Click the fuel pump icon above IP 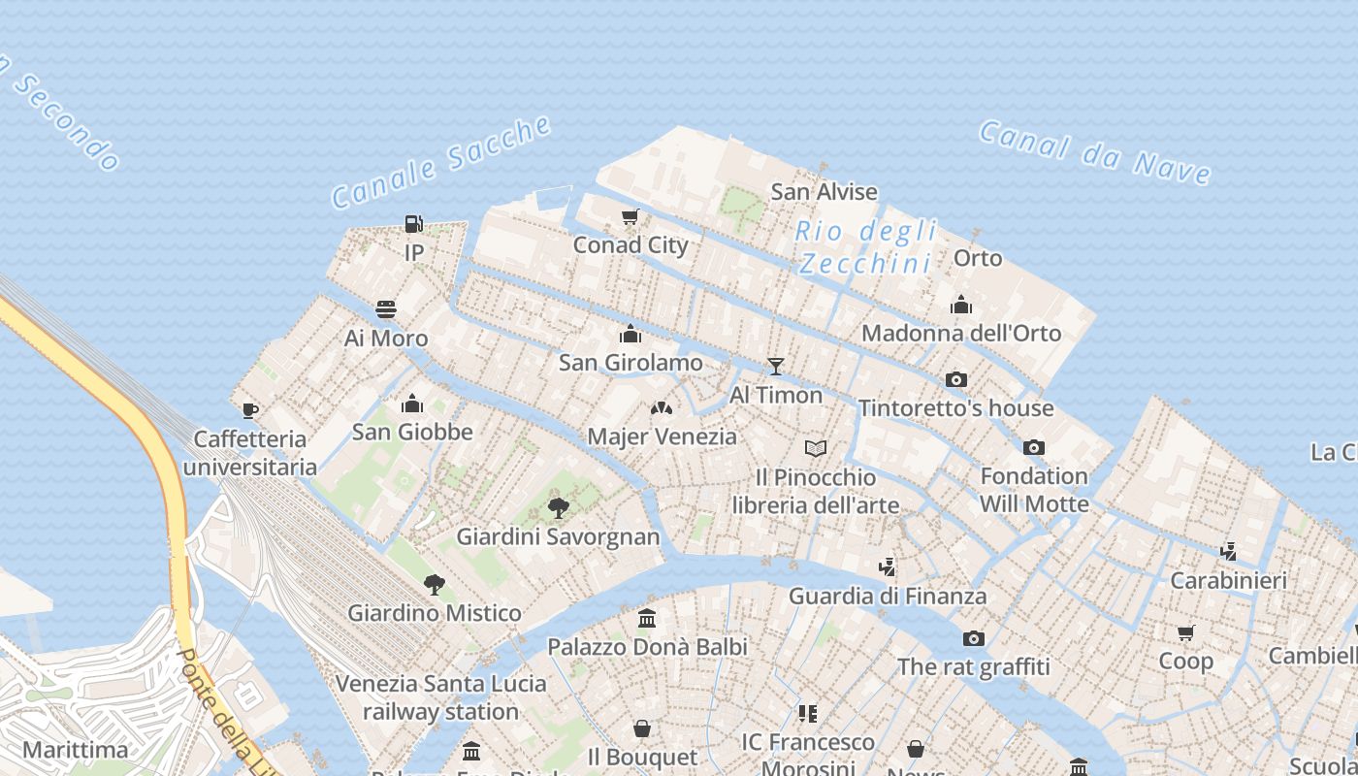click(413, 224)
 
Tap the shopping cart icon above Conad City click(630, 216)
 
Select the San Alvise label click(824, 192)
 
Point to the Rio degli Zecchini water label click(865, 247)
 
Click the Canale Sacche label click(441, 161)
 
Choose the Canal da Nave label click(1095, 151)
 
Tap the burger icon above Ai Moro click(386, 309)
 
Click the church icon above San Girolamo click(630, 335)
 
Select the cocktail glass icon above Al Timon click(775, 366)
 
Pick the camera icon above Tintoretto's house click(955, 379)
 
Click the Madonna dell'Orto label click(961, 334)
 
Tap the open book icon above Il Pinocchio click(816, 448)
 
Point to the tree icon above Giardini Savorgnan click(558, 507)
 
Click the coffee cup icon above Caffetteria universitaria click(249, 410)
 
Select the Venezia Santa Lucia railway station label click(440, 697)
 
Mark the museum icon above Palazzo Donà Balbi click(646, 618)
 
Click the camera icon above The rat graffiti click(973, 638)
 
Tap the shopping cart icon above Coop click(1185, 633)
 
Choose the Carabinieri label click(1228, 581)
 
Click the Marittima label click(75, 750)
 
